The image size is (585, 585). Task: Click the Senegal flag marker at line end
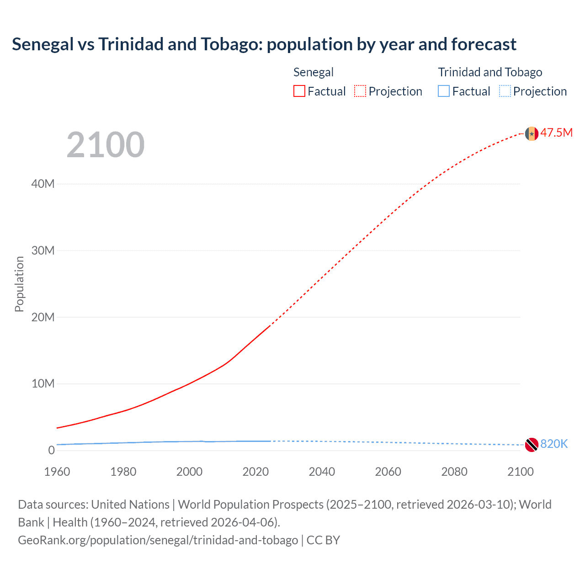click(531, 133)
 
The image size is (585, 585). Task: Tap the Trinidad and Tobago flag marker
click(531, 444)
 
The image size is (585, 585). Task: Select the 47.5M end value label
click(556, 133)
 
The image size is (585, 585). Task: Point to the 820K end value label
click(554, 444)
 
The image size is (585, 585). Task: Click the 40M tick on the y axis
click(43, 184)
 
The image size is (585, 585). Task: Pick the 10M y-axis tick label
click(43, 383)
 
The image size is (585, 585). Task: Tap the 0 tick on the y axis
click(51, 450)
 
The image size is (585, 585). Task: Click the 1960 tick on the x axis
click(57, 472)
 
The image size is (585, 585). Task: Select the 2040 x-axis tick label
click(322, 472)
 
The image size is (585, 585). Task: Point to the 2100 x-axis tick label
click(520, 472)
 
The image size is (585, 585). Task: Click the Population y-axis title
click(19, 284)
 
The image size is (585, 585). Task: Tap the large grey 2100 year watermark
click(106, 145)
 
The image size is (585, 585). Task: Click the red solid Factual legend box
click(299, 91)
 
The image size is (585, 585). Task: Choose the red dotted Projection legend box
click(360, 91)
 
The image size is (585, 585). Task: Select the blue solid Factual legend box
click(444, 91)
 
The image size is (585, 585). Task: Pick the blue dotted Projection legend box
click(505, 91)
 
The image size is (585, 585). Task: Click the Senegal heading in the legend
click(314, 72)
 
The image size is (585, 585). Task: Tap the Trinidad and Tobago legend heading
click(490, 72)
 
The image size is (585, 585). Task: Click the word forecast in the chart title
click(484, 44)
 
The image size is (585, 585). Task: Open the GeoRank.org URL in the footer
click(158, 540)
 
